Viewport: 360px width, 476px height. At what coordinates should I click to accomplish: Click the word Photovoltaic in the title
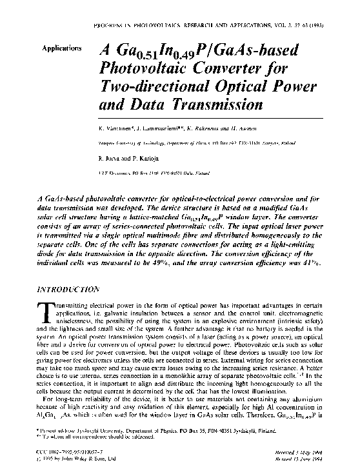pyautogui.click(x=138, y=68)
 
